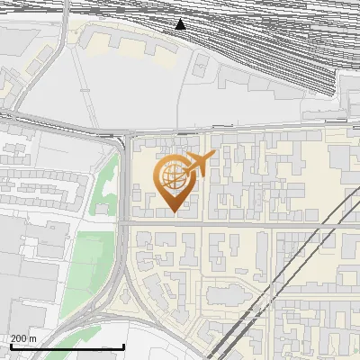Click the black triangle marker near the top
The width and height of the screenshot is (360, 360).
point(181,24)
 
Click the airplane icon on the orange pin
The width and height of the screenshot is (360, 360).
point(199,165)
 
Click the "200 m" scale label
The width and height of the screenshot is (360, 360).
point(23,337)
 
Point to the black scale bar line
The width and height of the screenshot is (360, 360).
point(67,346)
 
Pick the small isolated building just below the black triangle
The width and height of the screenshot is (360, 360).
point(202,64)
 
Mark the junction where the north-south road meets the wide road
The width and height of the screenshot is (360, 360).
point(125,135)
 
